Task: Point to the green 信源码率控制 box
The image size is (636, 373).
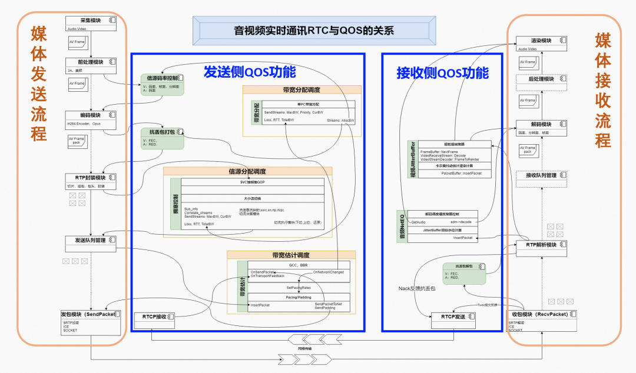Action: coord(163,85)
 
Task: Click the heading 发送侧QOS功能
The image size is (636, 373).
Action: coord(250,72)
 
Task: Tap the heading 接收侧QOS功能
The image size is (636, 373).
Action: coord(442,74)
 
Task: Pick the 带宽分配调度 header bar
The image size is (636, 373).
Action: coord(302,90)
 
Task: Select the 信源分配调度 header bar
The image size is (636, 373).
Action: coord(247,171)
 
